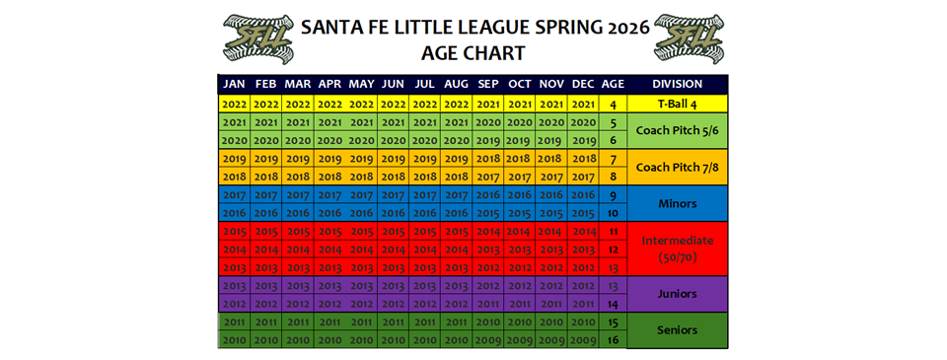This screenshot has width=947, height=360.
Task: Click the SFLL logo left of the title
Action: click(257, 36)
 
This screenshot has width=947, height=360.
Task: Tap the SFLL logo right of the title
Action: click(689, 36)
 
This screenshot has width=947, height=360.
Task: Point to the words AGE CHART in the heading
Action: click(473, 52)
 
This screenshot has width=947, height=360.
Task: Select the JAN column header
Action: click(234, 84)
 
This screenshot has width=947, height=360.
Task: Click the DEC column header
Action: click(583, 84)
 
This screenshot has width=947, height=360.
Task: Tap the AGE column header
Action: click(613, 84)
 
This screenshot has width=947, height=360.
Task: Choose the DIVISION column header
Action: click(677, 84)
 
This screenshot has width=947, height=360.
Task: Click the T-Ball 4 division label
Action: click(677, 103)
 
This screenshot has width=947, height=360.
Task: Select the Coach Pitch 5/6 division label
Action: click(677, 131)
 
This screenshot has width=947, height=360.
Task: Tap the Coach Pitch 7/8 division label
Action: click(677, 168)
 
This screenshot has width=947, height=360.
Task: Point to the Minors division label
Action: click(677, 204)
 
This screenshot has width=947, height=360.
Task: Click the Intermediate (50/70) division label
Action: click(677, 250)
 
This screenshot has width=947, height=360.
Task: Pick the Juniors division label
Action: click(677, 294)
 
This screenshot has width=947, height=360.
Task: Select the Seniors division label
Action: click(677, 330)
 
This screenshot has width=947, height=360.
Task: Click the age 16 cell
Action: click(613, 340)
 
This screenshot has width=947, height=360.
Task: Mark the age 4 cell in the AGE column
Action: click(613, 103)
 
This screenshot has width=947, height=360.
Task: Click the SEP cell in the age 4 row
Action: click(488, 103)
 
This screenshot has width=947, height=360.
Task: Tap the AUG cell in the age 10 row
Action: click(457, 213)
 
